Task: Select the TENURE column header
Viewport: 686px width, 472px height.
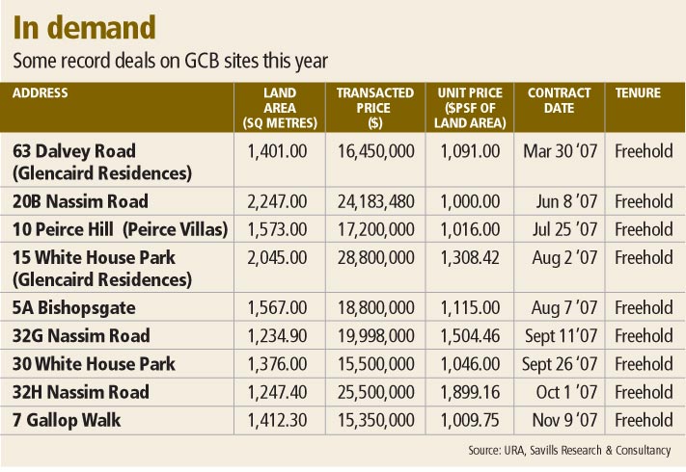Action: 638,93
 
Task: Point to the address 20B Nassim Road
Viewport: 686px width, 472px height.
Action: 81,201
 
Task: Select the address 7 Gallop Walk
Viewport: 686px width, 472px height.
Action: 69,420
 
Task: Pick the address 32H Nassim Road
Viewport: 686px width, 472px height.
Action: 82,392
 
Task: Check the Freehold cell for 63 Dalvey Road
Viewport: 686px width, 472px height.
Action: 644,151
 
